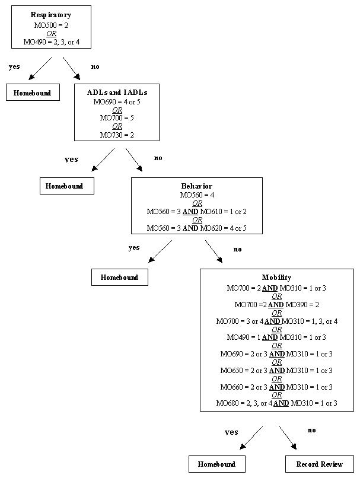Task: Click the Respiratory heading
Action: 51,14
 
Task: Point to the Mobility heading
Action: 276,278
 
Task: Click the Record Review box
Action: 319,464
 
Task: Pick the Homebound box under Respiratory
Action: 33,93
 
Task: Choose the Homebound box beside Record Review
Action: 217,464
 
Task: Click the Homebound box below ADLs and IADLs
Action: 66,186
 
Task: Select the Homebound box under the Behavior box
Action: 119,278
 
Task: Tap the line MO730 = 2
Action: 117,135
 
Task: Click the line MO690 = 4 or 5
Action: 117,101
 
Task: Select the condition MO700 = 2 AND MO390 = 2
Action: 276,305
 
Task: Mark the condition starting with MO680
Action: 276,403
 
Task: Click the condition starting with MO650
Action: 276,371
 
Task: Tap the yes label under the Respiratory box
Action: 14,67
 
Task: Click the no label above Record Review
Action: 312,430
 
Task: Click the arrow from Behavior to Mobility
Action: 214,251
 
